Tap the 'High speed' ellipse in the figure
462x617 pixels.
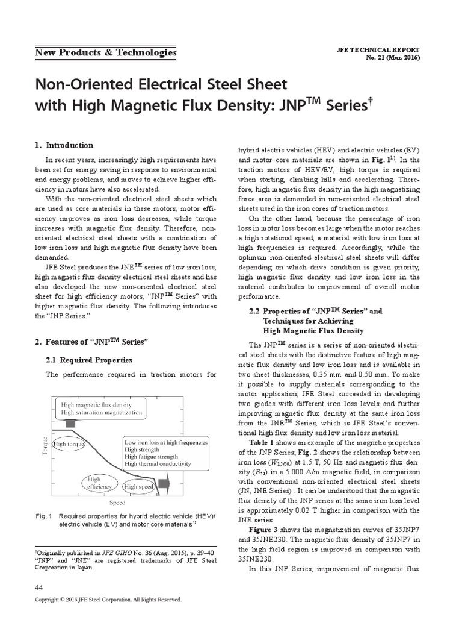138,486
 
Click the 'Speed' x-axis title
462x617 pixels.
117,501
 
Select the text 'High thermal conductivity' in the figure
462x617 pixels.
158,464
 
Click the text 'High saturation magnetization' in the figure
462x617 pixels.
102,413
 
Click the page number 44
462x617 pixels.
39,587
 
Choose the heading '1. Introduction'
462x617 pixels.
64,145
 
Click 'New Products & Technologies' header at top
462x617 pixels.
105,52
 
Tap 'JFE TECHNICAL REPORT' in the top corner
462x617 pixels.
379,50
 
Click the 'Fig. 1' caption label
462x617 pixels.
45,516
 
